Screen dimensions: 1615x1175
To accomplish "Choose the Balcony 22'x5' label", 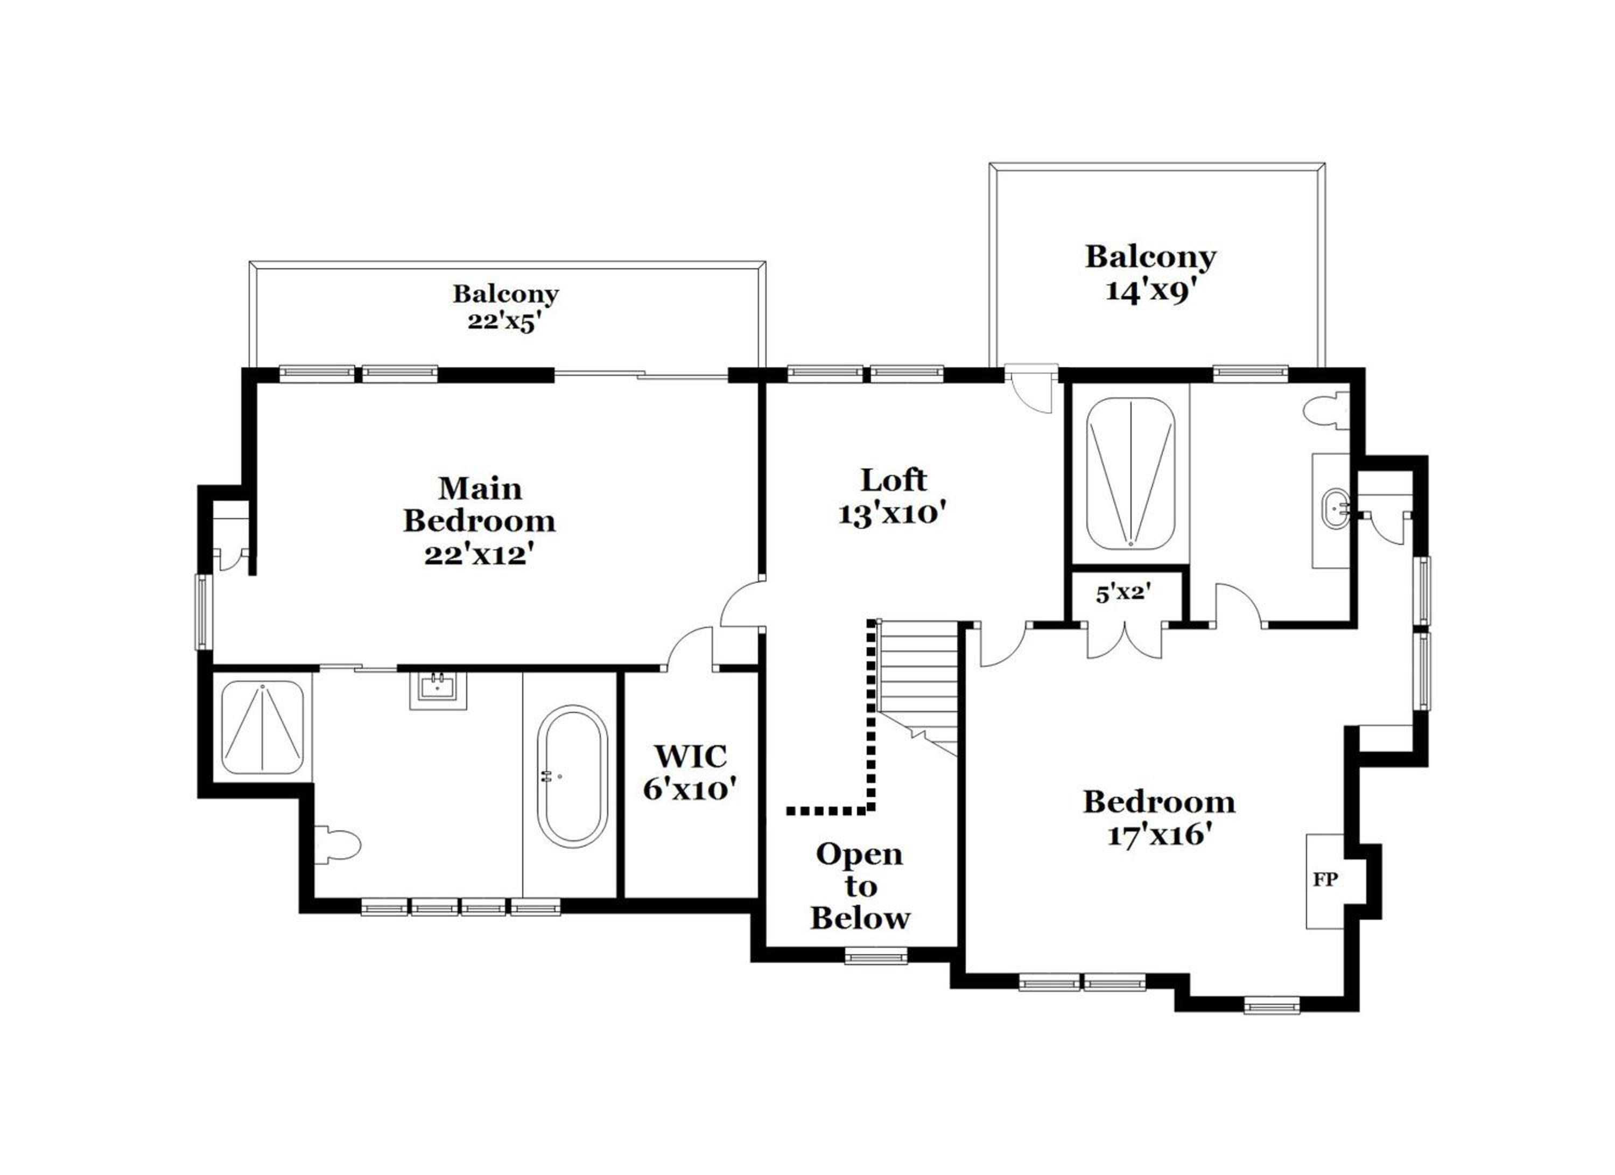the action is point(505,307).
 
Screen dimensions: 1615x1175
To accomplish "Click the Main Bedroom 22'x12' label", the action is point(479,521).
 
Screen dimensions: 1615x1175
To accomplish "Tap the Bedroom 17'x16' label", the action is point(1159,817).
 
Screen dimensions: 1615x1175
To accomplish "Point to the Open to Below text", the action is point(860,886).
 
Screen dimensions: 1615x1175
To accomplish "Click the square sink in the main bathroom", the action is point(437,689).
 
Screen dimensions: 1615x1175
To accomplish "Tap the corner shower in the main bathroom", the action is point(263,727).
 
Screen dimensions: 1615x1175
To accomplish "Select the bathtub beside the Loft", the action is point(1130,473).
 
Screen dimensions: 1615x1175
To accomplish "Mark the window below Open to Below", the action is point(876,956).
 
